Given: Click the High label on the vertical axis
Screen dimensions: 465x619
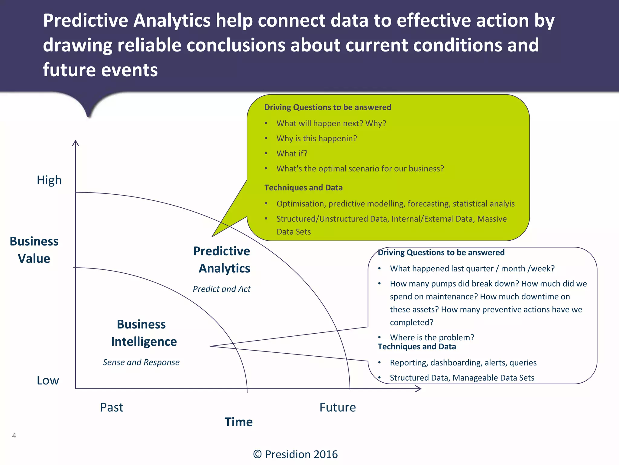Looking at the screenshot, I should pyautogui.click(x=49, y=180).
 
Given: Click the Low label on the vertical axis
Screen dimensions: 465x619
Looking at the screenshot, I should pyautogui.click(x=48, y=380).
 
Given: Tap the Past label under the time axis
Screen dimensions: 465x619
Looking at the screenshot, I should pyautogui.click(x=112, y=407).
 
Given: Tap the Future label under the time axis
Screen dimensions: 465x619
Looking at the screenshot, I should pyautogui.click(x=338, y=407).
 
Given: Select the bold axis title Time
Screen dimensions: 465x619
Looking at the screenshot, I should pyautogui.click(x=238, y=422).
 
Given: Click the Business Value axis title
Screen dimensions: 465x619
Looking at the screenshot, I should pyautogui.click(x=34, y=250).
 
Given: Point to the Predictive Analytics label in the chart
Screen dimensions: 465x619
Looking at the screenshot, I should pyautogui.click(x=222, y=260).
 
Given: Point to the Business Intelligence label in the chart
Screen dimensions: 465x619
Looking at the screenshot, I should pyautogui.click(x=143, y=333).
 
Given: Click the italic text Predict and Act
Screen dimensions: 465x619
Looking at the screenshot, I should pyautogui.click(x=222, y=289).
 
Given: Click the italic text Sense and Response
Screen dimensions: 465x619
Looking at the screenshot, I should pyautogui.click(x=141, y=362).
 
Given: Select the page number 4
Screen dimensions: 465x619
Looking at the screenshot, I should pyautogui.click(x=14, y=436).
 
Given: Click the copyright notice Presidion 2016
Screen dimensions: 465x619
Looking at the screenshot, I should pyautogui.click(x=295, y=454).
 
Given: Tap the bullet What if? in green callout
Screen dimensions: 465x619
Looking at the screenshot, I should pyautogui.click(x=292, y=153).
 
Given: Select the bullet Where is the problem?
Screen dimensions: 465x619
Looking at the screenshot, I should pyautogui.click(x=432, y=337).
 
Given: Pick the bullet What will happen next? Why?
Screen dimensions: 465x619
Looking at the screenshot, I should pyautogui.click(x=331, y=123).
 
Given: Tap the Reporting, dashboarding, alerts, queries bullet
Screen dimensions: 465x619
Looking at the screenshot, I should pyautogui.click(x=463, y=363).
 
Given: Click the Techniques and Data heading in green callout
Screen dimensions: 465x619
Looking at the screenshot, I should pyautogui.click(x=303, y=188).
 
